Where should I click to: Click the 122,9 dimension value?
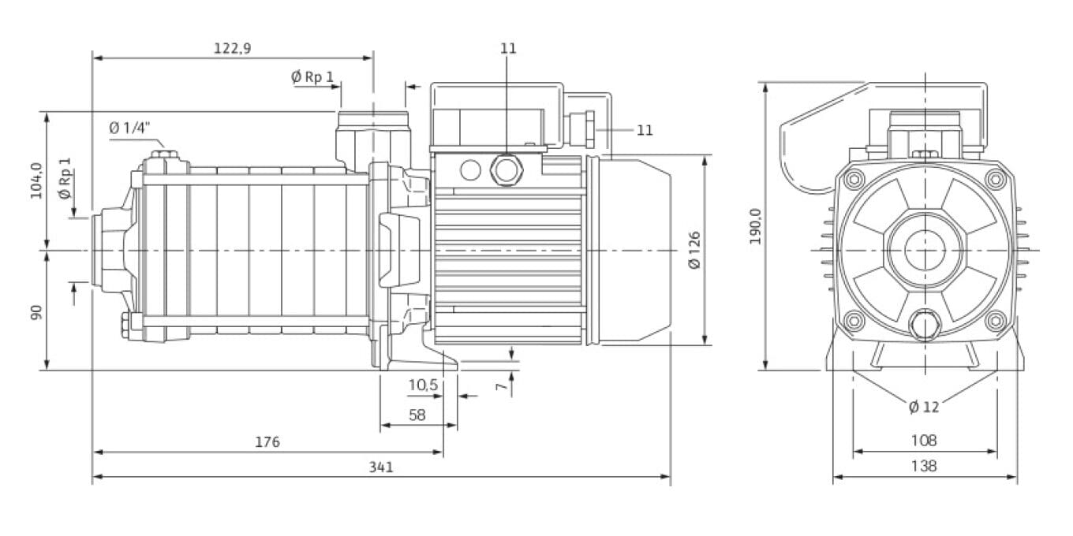(x=232, y=49)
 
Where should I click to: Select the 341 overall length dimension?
(x=380, y=467)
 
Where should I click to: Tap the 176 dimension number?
(x=267, y=442)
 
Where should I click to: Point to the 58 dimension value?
(x=417, y=415)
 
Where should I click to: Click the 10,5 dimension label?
(x=422, y=385)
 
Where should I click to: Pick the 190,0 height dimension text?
(x=755, y=226)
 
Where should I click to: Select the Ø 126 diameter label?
(x=694, y=251)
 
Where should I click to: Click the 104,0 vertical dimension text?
(x=36, y=181)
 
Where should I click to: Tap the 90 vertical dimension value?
(x=36, y=311)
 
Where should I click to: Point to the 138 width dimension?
(x=924, y=466)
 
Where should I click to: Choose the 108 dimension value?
(x=924, y=441)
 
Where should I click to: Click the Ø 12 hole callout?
(x=924, y=407)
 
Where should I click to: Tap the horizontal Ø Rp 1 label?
(x=312, y=76)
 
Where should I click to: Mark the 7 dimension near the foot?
(x=499, y=386)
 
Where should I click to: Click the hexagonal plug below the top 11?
(x=505, y=168)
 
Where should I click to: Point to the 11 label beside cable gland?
(x=645, y=130)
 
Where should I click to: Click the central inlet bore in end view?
(x=924, y=251)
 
